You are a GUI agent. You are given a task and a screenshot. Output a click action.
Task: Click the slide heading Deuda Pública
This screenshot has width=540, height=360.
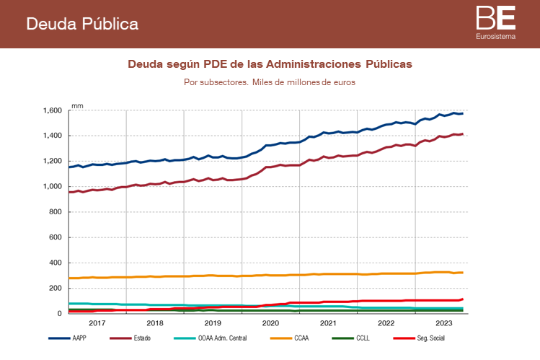(82, 24)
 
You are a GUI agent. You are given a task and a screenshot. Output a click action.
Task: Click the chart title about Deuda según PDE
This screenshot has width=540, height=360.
(270, 64)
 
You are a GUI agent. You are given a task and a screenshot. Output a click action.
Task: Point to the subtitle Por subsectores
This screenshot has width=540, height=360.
(270, 82)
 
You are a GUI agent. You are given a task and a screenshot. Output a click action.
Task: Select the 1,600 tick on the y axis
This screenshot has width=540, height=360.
(51, 110)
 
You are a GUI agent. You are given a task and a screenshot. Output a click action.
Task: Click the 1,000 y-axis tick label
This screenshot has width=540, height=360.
(51, 187)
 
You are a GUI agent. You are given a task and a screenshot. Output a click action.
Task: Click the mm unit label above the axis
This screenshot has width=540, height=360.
(77, 105)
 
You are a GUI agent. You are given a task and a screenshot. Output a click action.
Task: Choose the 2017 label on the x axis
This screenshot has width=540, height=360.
(97, 323)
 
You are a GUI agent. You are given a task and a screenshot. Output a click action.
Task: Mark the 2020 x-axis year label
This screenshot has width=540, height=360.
(270, 323)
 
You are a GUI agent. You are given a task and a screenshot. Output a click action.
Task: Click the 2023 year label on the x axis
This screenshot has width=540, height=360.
(443, 323)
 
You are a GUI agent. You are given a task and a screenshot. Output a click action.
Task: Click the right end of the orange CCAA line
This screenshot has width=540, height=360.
(463, 272)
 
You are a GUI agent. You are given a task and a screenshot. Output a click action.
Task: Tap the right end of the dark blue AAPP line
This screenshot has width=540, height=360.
(463, 113)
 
